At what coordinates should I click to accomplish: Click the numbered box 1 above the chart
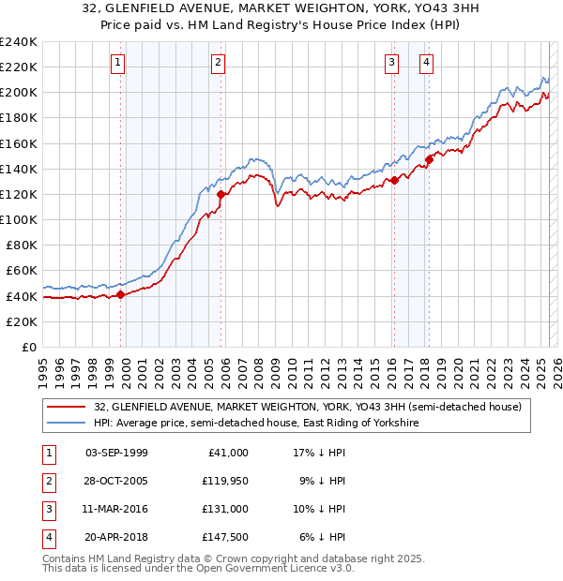tap(118, 63)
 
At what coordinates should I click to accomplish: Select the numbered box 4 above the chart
tap(426, 63)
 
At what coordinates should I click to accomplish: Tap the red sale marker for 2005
tap(221, 195)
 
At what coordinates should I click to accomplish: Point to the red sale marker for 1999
tap(121, 294)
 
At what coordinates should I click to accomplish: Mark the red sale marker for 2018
tap(429, 159)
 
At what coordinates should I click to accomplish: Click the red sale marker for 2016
tap(394, 180)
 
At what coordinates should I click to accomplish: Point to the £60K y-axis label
tap(21, 271)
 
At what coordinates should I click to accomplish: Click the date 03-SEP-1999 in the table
tap(116, 453)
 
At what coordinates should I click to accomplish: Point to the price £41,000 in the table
tap(226, 453)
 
